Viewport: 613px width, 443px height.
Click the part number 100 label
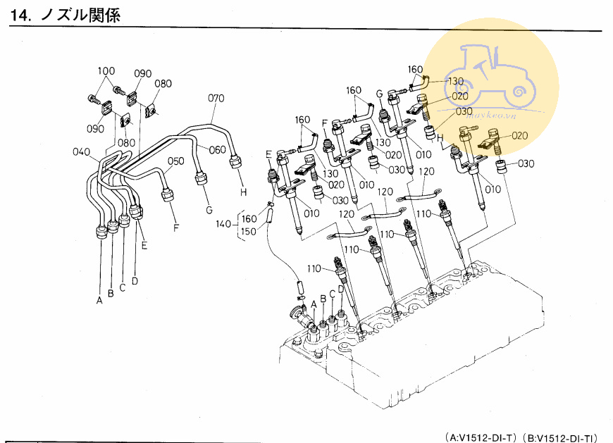point(106,70)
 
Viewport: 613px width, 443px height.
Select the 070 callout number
point(216,98)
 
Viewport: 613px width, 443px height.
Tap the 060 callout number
point(217,149)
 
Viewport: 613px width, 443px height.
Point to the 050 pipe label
point(175,161)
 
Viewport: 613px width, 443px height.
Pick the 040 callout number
point(81,152)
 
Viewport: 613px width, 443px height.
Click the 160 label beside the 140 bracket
point(249,219)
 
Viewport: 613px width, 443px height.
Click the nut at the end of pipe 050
point(168,194)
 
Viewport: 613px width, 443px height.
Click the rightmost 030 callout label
point(526,164)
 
